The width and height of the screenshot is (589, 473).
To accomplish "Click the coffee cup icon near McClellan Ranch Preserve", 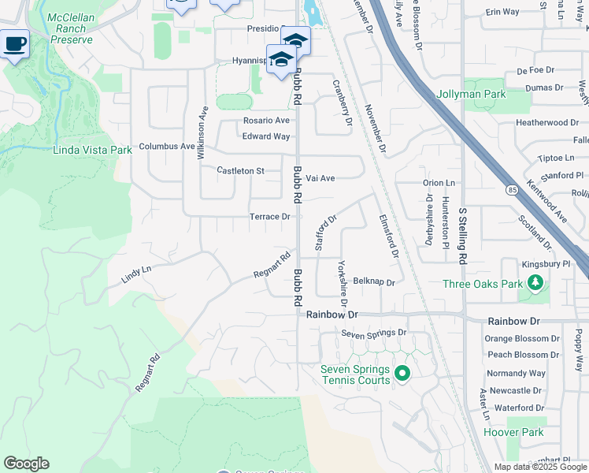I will click(14, 44).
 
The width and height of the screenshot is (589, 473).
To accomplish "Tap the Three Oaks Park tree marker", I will click(535, 282).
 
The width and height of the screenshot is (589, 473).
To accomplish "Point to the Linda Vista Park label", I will click(92, 150).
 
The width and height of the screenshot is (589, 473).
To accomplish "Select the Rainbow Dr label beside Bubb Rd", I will click(332, 314).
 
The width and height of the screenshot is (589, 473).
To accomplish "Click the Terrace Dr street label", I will click(270, 216).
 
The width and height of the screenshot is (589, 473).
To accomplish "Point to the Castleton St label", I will click(239, 170).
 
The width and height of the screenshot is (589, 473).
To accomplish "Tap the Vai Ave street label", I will click(320, 178).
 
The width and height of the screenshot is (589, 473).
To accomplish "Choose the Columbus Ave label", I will click(166, 147).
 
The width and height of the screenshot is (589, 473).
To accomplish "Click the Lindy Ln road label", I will click(135, 274).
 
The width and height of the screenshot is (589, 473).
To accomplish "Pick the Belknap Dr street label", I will click(373, 281).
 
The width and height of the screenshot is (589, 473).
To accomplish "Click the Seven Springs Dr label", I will click(373, 333).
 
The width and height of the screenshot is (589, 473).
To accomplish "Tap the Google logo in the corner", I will click(26, 464).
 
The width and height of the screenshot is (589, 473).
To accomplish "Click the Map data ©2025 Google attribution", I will click(541, 467).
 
